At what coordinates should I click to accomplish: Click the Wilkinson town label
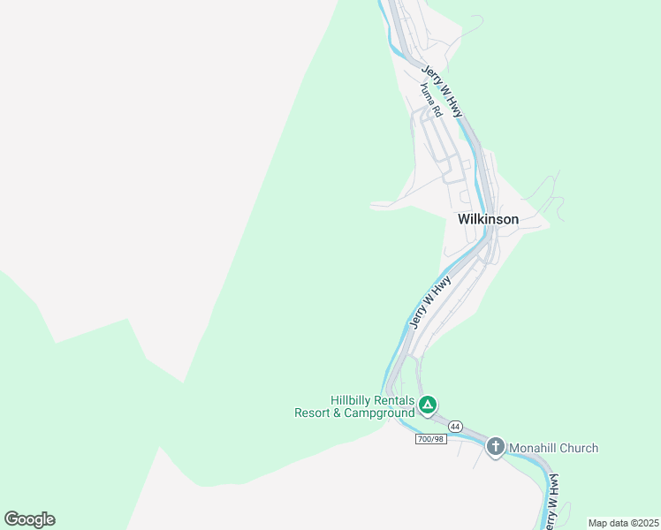488,219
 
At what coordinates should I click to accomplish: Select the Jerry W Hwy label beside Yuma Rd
443,92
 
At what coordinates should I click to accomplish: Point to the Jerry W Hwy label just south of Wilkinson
430,301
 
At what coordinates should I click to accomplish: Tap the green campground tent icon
428,405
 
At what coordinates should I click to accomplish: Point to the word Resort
313,413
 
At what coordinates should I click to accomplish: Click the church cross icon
496,448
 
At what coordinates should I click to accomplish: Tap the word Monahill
536,448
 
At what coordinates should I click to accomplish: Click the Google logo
29,519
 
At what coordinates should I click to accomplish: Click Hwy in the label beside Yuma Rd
454,107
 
